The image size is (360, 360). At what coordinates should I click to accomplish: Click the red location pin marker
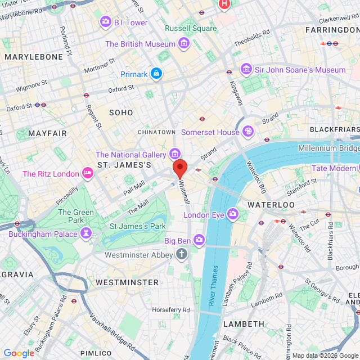pyautogui.click(x=180, y=168)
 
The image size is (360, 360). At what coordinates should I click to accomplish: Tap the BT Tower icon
pyautogui.click(x=105, y=22)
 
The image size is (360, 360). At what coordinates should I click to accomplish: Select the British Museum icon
pyautogui.click(x=183, y=43)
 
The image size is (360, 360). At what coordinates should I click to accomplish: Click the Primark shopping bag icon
pyautogui.click(x=156, y=74)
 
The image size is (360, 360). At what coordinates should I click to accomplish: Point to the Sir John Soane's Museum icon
pyautogui.click(x=246, y=69)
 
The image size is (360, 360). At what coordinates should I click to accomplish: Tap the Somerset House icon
pyautogui.click(x=247, y=132)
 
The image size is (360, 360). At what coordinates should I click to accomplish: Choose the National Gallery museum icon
pyautogui.click(x=175, y=154)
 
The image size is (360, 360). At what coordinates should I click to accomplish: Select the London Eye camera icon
pyautogui.click(x=233, y=214)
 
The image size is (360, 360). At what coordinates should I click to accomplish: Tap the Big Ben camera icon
pyautogui.click(x=199, y=241)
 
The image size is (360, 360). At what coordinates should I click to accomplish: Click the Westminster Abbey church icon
pyautogui.click(x=181, y=254)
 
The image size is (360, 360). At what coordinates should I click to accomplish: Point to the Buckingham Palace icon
pyautogui.click(x=86, y=233)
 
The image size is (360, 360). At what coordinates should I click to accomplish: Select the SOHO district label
pyautogui.click(x=121, y=112)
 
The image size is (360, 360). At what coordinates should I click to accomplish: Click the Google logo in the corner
pyautogui.click(x=19, y=353)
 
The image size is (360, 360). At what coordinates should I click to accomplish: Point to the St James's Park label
pyautogui.click(x=138, y=226)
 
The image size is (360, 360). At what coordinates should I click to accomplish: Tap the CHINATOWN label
pyautogui.click(x=157, y=132)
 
